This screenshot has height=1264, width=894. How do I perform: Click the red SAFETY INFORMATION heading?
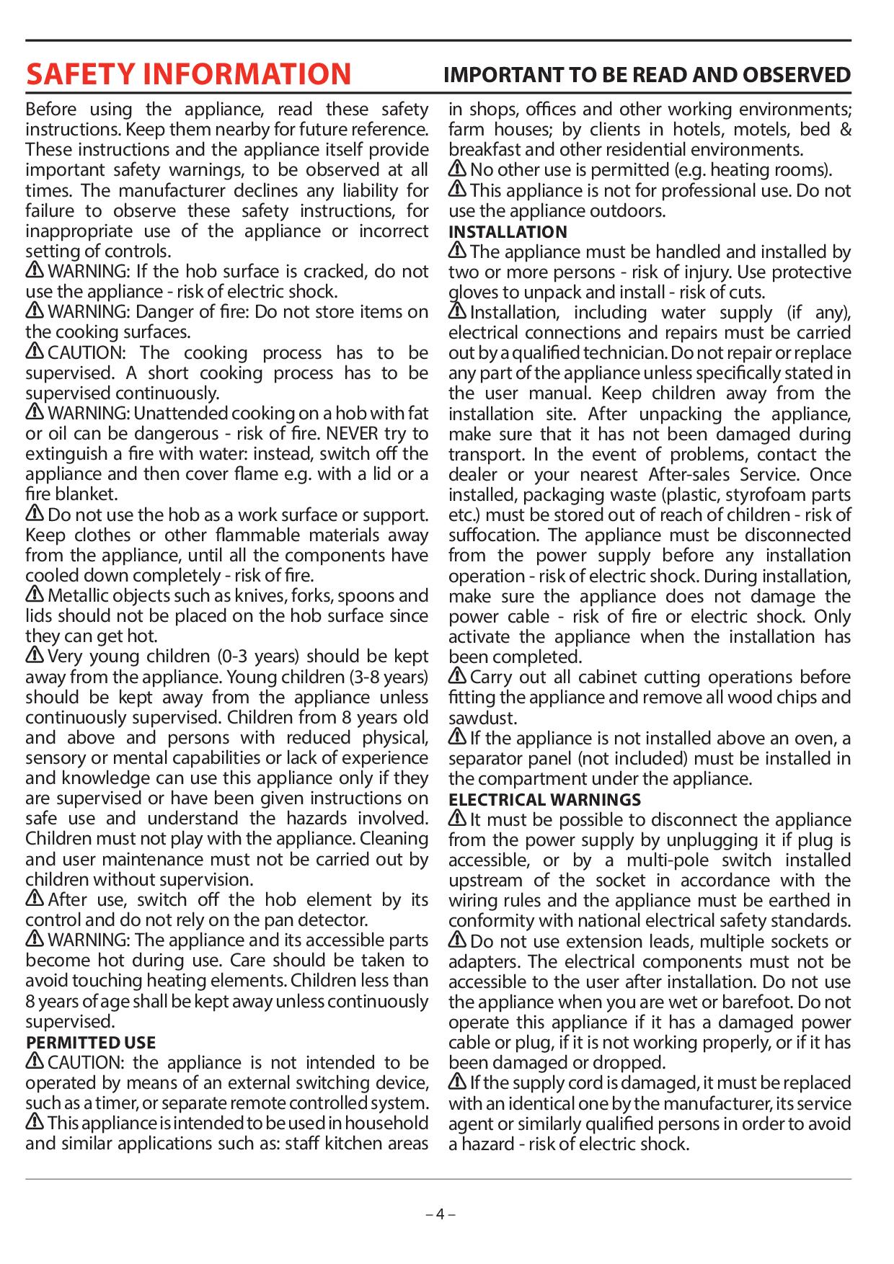[188, 75]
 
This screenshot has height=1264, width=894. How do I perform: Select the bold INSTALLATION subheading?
[508, 232]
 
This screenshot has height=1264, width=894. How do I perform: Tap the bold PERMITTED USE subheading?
[91, 1043]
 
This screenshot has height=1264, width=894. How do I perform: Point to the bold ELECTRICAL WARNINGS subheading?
[544, 800]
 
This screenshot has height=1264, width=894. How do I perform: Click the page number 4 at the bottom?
[440, 1213]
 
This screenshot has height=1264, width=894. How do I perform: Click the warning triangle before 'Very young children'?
[35, 656]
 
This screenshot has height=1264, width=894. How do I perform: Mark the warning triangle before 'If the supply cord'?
[457, 1082]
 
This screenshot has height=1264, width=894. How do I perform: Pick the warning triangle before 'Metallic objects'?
[35, 595]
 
